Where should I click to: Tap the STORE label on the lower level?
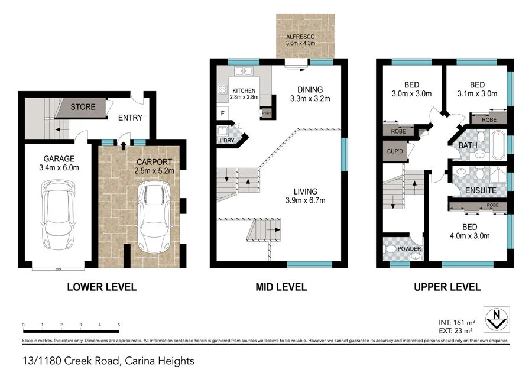[x=83, y=107]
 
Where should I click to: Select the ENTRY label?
[x=130, y=117]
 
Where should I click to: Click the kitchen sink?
[x=244, y=72]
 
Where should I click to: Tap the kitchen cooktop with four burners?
[x=223, y=90]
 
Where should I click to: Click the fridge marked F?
[x=222, y=113]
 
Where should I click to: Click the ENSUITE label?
[x=481, y=191]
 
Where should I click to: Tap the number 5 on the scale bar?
[x=119, y=325]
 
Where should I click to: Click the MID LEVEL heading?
[x=281, y=287]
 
